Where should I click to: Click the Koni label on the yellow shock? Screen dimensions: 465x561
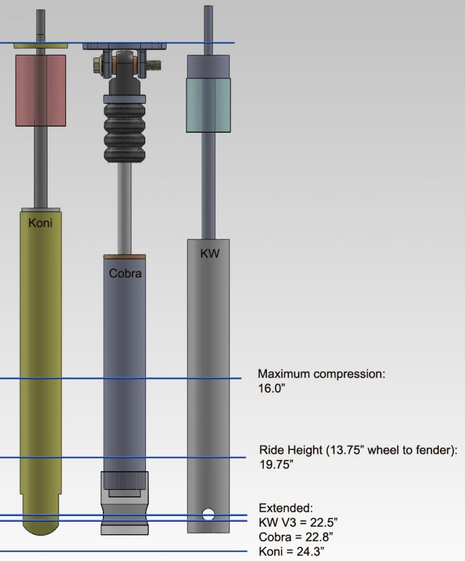click(x=40, y=223)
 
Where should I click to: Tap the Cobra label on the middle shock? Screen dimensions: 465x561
click(x=125, y=274)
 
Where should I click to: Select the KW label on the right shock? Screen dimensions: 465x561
click(x=209, y=254)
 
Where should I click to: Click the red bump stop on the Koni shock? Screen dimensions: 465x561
click(x=41, y=90)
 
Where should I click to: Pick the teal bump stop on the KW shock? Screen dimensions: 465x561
click(x=208, y=105)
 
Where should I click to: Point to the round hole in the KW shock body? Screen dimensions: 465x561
click(x=208, y=514)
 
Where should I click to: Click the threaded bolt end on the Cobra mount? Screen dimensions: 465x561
click(x=154, y=65)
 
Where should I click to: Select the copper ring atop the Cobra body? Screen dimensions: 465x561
click(x=125, y=257)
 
